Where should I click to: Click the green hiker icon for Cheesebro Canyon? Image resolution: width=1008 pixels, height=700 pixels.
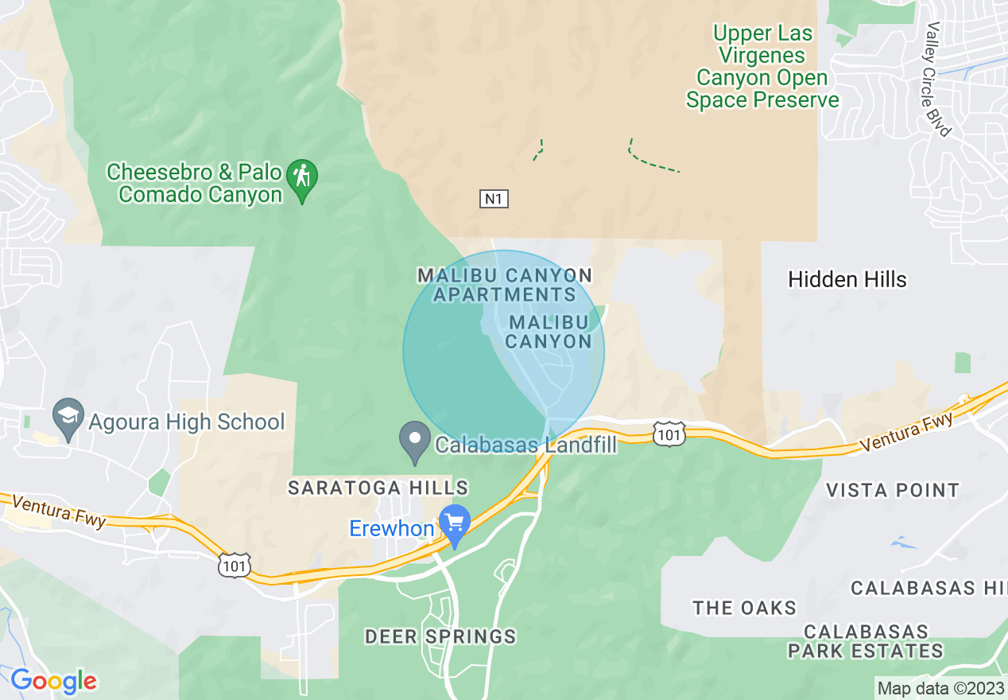click(x=302, y=176)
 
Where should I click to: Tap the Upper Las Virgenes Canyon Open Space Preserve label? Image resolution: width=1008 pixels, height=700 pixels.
click(x=762, y=67)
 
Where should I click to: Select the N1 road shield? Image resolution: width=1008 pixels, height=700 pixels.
click(x=494, y=199)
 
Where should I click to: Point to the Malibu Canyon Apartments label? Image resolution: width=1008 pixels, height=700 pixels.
click(x=505, y=285)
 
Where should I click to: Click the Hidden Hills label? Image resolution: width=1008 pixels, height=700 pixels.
click(x=847, y=280)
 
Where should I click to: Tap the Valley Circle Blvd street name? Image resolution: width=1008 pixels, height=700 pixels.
click(x=938, y=78)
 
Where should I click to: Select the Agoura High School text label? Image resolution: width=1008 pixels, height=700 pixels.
click(x=186, y=422)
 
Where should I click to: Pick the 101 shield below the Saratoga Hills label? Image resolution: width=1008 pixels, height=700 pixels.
click(x=235, y=565)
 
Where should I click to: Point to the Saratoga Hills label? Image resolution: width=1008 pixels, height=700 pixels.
click(x=378, y=488)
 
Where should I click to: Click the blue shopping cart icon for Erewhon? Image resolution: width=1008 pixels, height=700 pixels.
click(x=455, y=525)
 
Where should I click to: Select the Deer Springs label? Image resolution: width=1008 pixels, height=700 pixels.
click(x=440, y=636)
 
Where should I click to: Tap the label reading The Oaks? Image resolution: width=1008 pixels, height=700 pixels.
click(x=744, y=609)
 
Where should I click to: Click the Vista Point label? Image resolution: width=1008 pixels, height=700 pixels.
click(x=893, y=490)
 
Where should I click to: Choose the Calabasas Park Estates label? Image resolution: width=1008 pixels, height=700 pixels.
click(x=865, y=641)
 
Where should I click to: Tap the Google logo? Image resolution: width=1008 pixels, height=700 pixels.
click(x=53, y=681)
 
